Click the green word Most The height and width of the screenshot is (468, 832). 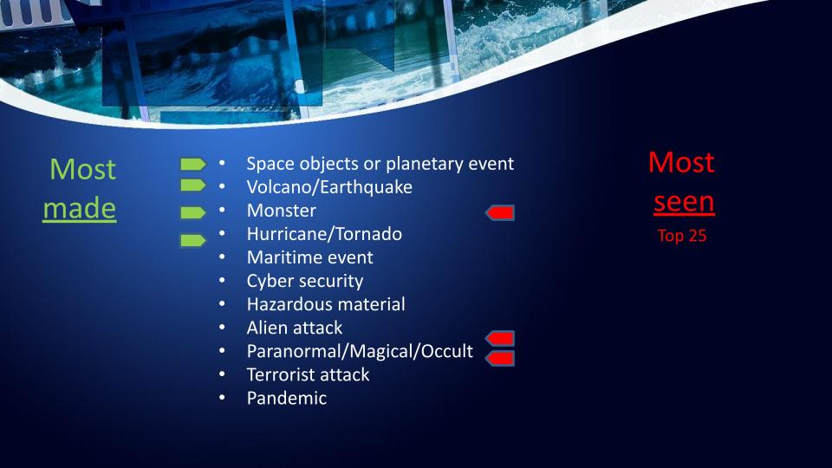(83, 169)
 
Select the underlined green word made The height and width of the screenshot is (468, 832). (80, 208)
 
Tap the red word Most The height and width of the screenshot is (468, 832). (681, 162)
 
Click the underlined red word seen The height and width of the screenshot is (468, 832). (684, 202)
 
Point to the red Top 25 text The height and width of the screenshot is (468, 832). (682, 236)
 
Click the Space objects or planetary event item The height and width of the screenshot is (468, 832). (380, 164)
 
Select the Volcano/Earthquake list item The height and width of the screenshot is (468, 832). (329, 187)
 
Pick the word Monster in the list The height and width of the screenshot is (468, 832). (281, 211)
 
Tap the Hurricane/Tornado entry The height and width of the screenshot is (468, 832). (324, 234)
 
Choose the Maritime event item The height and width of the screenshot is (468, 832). (310, 257)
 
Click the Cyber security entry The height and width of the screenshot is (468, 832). (305, 281)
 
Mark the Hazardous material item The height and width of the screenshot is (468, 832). (326, 304)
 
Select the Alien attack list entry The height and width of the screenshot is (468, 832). (295, 328)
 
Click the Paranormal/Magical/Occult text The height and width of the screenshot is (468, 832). (360, 351)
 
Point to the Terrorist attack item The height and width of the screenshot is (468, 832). (308, 374)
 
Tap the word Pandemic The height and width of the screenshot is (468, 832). (287, 398)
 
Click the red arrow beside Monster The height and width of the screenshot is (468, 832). (500, 213)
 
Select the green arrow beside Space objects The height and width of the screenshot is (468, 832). (193, 165)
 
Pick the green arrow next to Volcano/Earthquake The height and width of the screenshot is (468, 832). (193, 185)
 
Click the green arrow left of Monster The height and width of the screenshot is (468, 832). (193, 213)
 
